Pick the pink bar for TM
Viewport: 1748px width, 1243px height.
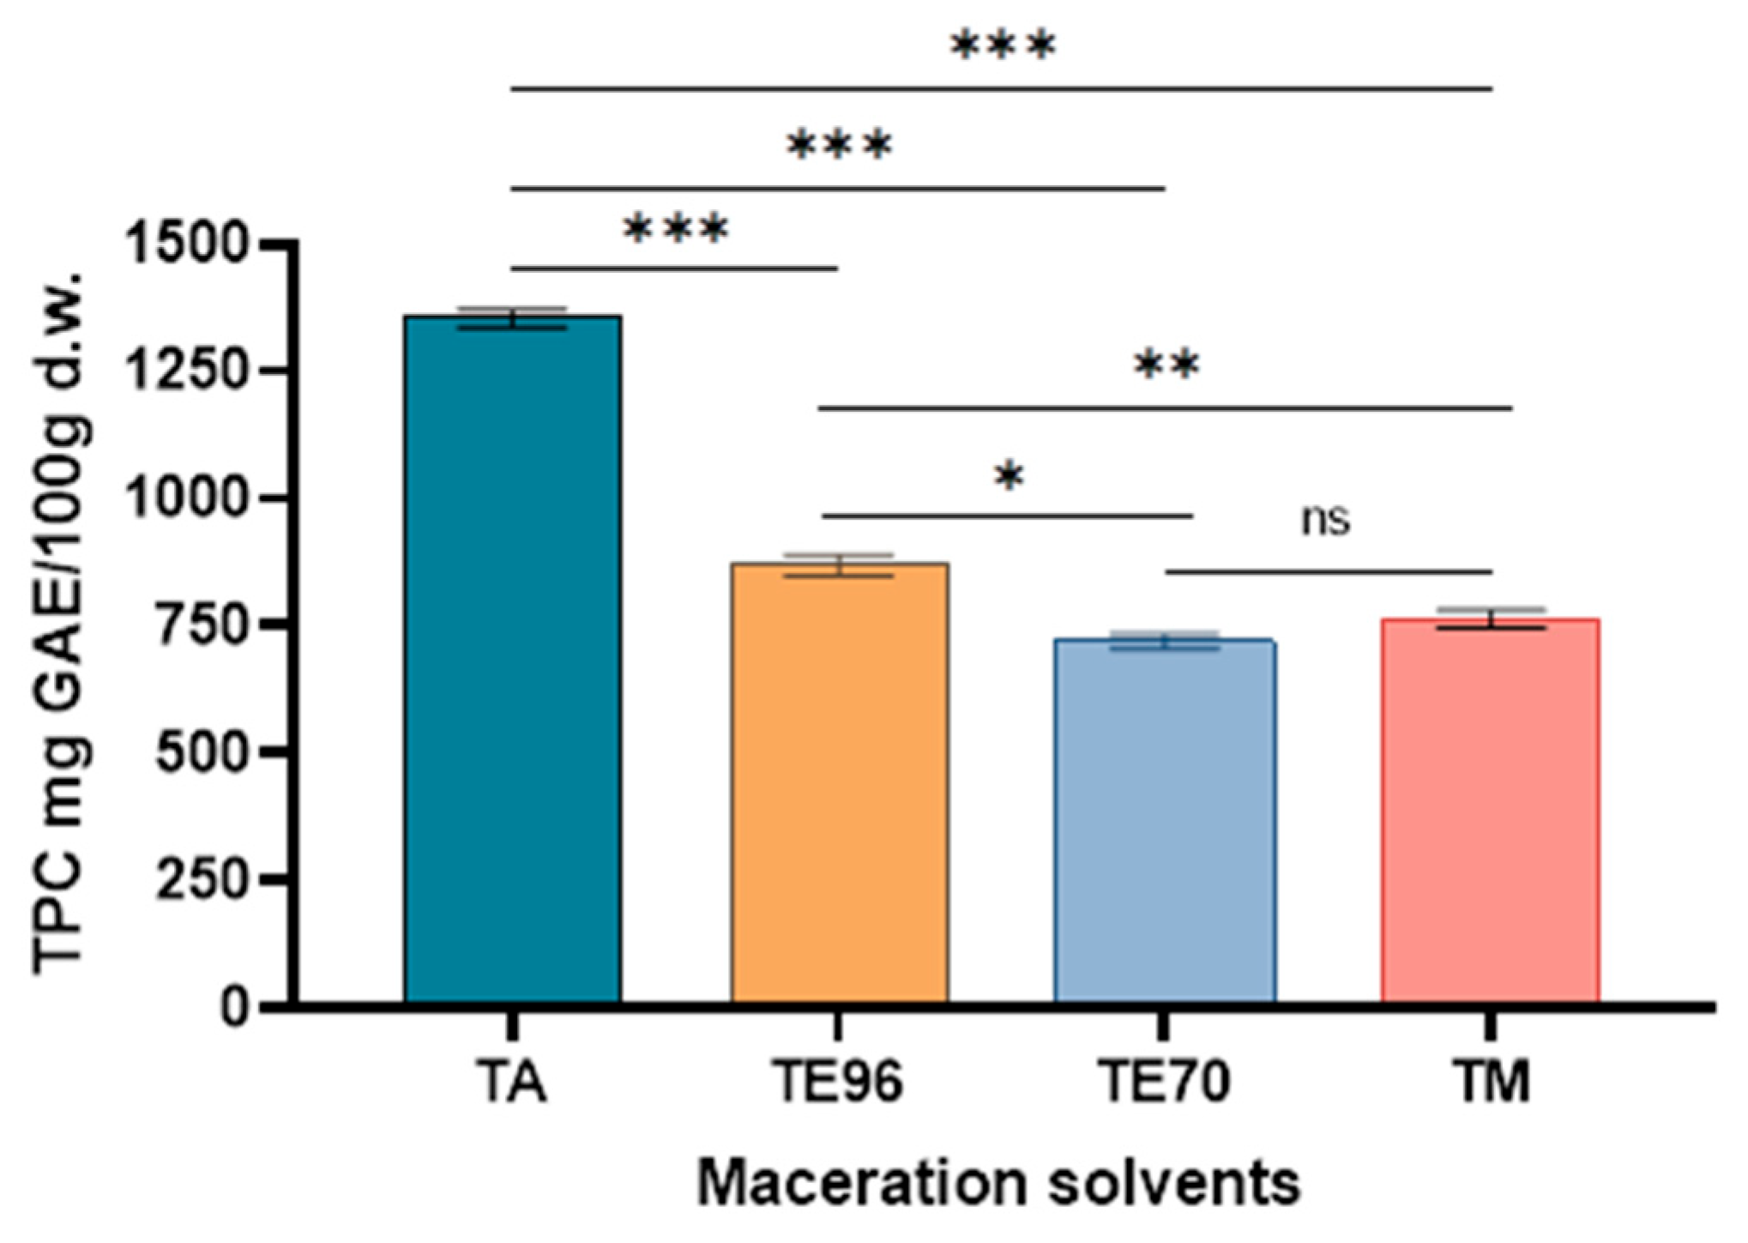point(1490,810)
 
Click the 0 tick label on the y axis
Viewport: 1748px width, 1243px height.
point(234,1005)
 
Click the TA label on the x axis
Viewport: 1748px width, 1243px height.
point(512,1082)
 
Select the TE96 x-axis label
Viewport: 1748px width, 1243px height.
point(838,1082)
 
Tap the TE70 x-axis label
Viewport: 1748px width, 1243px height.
point(1164,1082)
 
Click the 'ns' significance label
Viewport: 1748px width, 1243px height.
point(1325,520)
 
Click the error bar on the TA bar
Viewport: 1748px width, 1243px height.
point(513,318)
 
